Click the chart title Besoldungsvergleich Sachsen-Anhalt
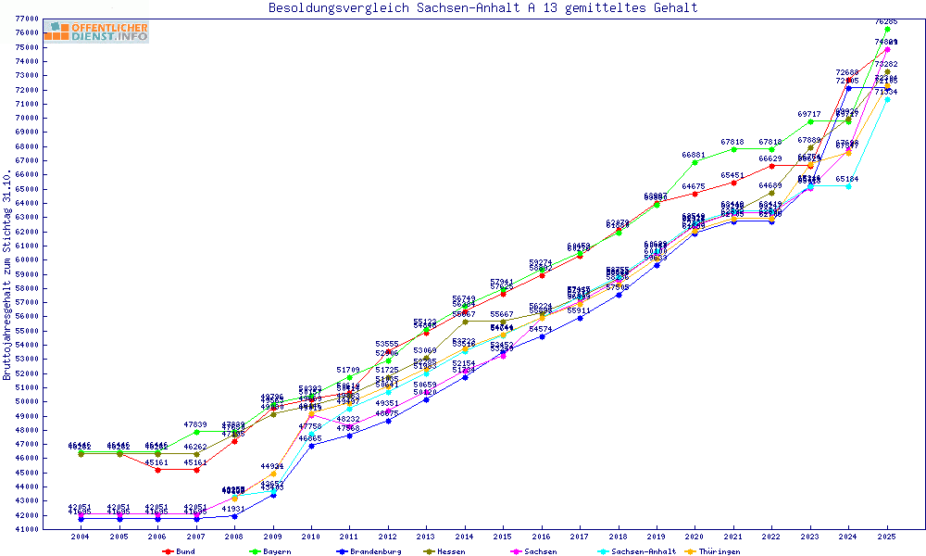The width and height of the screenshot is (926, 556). [x=482, y=8]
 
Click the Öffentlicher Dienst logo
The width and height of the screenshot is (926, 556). [x=96, y=32]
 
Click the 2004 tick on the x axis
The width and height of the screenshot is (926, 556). [x=81, y=537]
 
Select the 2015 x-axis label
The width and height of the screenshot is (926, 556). [x=503, y=537]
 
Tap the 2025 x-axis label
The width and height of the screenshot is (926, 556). [x=887, y=537]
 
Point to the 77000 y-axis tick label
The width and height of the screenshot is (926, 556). [x=26, y=19]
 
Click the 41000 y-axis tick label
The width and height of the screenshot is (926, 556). [x=26, y=529]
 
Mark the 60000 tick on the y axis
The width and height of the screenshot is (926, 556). [x=26, y=259]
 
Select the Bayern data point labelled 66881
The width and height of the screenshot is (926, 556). [x=694, y=162]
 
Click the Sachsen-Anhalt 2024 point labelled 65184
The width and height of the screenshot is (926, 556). [x=848, y=186]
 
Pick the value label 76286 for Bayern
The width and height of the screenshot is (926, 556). [x=886, y=20]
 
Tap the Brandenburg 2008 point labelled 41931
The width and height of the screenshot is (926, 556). [x=234, y=516]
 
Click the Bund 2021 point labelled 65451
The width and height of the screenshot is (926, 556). [x=733, y=183]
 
